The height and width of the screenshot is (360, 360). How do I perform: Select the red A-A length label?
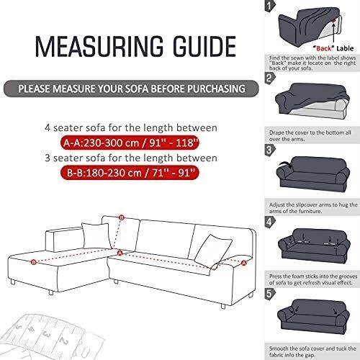coord(130,143)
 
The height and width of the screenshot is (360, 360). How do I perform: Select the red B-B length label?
coord(130,173)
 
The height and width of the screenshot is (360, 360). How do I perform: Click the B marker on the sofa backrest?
coord(122,217)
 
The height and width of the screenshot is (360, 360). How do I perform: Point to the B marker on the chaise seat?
coord(34,262)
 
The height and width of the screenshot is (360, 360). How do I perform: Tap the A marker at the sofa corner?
coord(120,253)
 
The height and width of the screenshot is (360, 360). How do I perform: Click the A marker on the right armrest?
coord(244,263)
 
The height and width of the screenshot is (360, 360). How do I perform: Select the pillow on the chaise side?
coord(96,235)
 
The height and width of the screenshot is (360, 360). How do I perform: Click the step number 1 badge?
coord(270,6)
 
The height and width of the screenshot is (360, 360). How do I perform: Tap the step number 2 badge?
coord(270,78)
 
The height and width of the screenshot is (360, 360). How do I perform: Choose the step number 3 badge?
coord(270,150)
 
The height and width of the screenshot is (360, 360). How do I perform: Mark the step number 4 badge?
coord(270,222)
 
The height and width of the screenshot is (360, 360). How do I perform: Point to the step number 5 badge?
coord(270,294)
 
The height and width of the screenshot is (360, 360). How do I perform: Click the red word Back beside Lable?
coord(324,48)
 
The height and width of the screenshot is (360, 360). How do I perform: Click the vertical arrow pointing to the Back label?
coord(333,32)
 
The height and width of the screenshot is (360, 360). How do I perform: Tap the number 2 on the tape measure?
coord(64,341)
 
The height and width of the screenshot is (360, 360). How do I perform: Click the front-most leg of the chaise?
coord(51,292)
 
